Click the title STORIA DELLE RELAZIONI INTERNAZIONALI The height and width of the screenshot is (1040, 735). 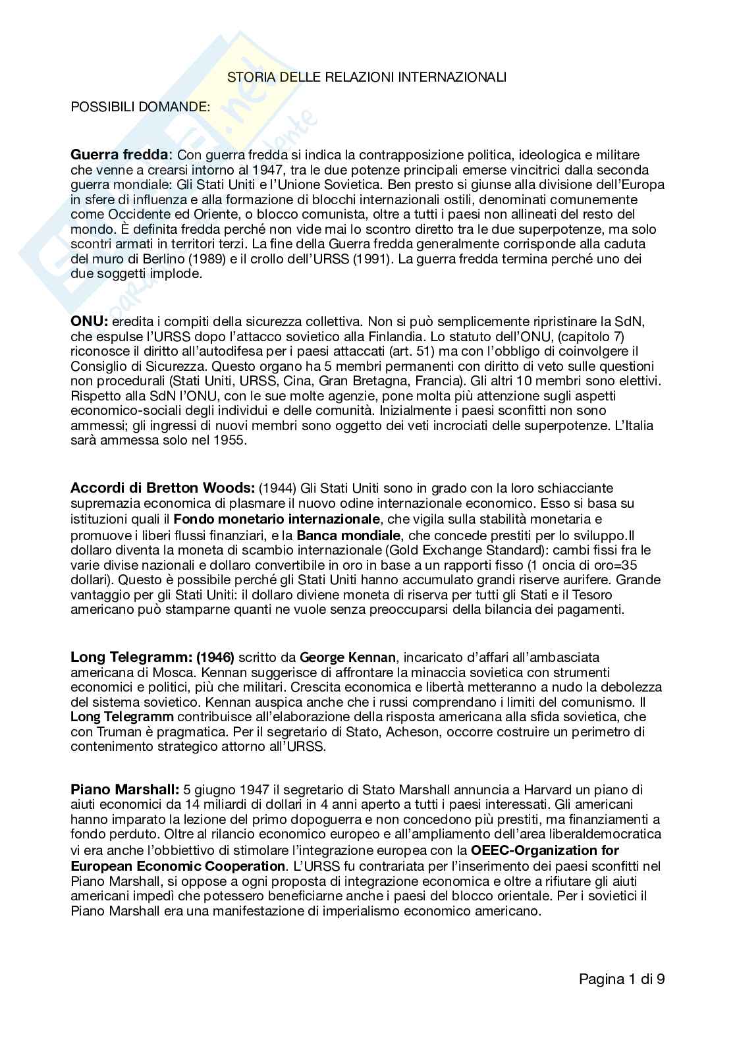pyautogui.click(x=367, y=78)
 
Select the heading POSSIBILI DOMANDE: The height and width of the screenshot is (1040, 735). pyautogui.click(x=140, y=107)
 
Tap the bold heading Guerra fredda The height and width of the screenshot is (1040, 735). pyautogui.click(x=120, y=155)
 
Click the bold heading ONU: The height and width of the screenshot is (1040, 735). pyautogui.click(x=89, y=321)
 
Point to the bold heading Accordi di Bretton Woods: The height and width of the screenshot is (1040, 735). pyautogui.click(x=162, y=488)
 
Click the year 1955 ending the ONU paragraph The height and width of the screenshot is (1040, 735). pyautogui.click(x=230, y=441)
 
